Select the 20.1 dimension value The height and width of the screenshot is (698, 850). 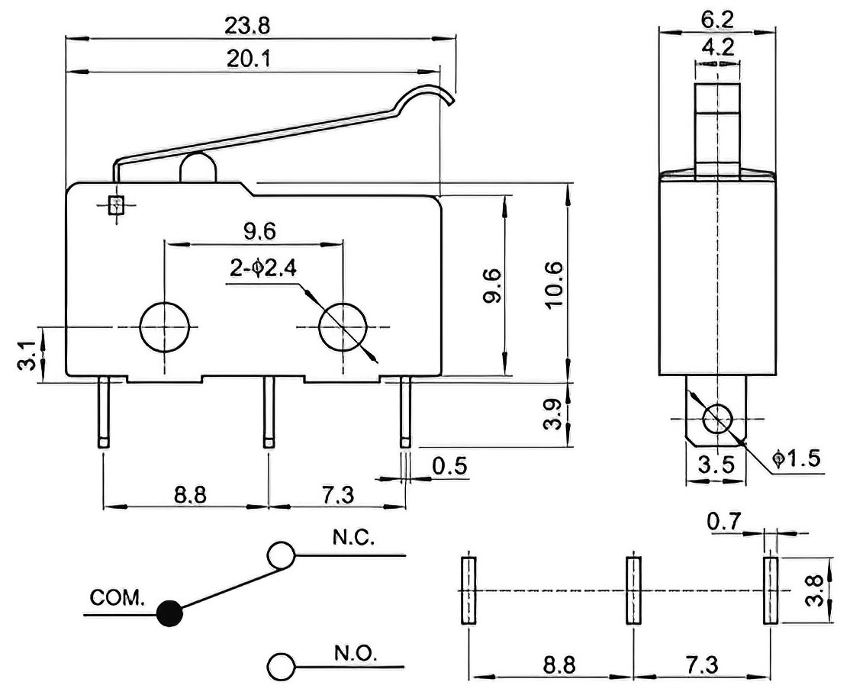click(x=247, y=59)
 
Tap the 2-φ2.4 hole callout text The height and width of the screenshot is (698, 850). click(x=264, y=269)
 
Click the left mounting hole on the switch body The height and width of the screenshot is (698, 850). click(x=166, y=326)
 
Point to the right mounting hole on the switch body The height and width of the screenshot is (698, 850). click(x=343, y=326)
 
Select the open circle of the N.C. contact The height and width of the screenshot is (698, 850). click(x=282, y=555)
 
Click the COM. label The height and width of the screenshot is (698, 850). click(x=118, y=598)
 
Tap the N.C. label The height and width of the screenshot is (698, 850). click(x=353, y=538)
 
